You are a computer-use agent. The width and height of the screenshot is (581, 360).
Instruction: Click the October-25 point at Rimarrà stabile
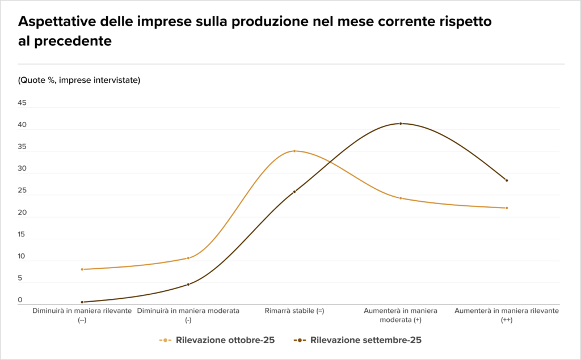coord(294,151)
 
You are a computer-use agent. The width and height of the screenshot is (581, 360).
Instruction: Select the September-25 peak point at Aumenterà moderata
coord(401,124)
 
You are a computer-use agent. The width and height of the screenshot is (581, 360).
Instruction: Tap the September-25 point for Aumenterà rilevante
coord(507,180)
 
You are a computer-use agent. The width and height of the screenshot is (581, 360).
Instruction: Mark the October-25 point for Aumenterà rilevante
coord(507,208)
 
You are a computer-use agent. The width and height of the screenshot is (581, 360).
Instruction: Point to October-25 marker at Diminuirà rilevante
coord(82,269)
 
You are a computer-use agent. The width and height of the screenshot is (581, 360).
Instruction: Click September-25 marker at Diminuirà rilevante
coord(82,302)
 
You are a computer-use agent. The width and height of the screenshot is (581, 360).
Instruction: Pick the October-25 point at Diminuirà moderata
coord(188,258)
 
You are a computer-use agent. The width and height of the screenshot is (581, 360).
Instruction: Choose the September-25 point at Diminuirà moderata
coord(188,285)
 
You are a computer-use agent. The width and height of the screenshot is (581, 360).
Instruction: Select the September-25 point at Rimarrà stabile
coord(294,192)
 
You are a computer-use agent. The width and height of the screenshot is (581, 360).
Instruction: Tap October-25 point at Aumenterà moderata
coord(401,198)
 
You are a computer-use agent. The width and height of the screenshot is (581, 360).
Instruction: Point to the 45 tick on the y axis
coord(22,103)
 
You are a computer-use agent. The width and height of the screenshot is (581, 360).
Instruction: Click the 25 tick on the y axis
coord(22,190)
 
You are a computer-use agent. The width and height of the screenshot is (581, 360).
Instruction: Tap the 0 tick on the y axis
coord(20,300)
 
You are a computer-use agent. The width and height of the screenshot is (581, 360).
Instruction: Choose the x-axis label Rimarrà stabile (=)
coord(294,311)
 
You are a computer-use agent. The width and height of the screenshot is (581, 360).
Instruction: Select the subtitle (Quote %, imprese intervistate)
coord(79,80)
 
